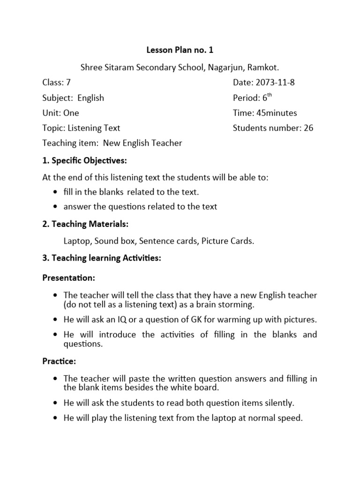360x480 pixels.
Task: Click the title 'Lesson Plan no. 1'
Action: coord(180,50)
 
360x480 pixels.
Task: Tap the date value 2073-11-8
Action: coord(275,83)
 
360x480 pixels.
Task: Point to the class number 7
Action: coord(68,83)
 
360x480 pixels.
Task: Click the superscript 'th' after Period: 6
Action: coord(270,96)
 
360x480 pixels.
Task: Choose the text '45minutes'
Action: coord(276,113)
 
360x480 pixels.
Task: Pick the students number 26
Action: coord(308,128)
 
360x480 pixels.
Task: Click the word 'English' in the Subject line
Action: coord(91,98)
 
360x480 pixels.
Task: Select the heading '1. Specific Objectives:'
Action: coord(85,161)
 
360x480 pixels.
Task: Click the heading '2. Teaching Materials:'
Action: coord(85,224)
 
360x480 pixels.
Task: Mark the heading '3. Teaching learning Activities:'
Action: coord(102,258)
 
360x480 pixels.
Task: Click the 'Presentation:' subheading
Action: coord(68,278)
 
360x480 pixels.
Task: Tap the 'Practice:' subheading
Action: coord(59,361)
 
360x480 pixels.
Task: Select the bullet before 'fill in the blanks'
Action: coord(56,192)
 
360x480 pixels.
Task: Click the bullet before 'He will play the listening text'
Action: coord(56,418)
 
